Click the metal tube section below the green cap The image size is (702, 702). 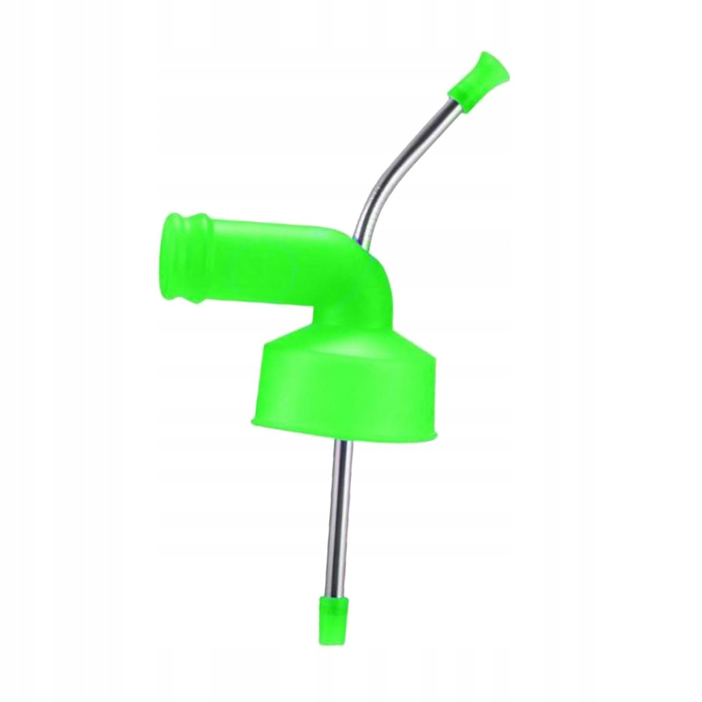pyautogui.click(x=339, y=514)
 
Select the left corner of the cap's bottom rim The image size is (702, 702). pyautogui.click(x=254, y=420)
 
